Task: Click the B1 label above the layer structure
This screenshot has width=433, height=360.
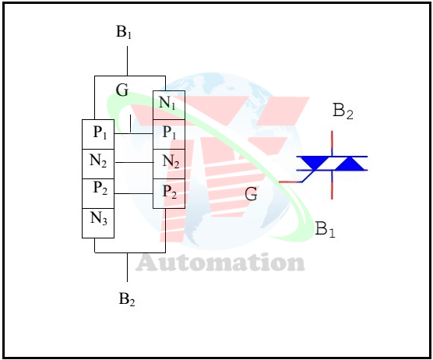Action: tap(124, 32)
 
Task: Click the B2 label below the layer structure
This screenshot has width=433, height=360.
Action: tap(127, 299)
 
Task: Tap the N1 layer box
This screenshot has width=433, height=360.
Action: tap(169, 105)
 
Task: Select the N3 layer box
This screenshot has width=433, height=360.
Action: tap(98, 223)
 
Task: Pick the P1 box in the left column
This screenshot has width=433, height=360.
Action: tap(98, 134)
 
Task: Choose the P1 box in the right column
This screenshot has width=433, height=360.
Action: tap(169, 135)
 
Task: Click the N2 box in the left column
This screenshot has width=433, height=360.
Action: tap(98, 164)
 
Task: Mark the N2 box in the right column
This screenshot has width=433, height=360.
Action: tap(169, 164)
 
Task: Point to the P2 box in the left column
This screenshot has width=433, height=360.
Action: tap(98, 193)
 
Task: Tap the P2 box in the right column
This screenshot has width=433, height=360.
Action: tap(169, 193)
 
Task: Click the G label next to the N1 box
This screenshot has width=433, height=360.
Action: tap(122, 90)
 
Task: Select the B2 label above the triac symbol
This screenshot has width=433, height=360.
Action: tap(343, 111)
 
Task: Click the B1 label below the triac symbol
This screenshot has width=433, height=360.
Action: tap(325, 229)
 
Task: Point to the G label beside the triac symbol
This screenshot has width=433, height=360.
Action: tap(251, 194)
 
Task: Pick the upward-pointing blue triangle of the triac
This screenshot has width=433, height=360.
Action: tap(350, 164)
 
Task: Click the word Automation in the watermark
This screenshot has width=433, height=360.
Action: tap(220, 263)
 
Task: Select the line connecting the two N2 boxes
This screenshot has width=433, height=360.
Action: tap(134, 162)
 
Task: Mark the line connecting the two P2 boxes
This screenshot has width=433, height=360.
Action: tap(134, 193)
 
